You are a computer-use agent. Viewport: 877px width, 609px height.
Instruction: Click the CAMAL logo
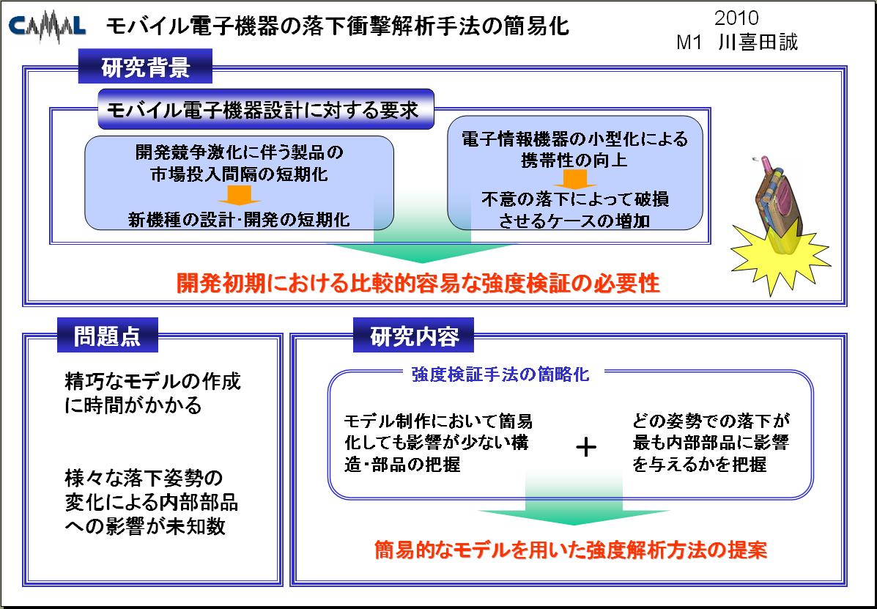[48, 27]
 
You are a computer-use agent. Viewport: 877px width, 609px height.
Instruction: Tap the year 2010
[736, 18]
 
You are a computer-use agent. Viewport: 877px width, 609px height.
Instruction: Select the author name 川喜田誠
[758, 43]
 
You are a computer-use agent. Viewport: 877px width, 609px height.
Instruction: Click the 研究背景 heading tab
[145, 67]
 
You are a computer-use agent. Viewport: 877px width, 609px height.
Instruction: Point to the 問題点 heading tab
[108, 335]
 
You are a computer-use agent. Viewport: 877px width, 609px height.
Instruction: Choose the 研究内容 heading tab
[413, 335]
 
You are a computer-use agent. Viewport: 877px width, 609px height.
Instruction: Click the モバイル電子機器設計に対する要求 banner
[266, 109]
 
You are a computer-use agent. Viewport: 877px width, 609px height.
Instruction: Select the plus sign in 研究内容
[585, 447]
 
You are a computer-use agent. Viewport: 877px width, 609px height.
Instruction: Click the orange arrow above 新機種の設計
[240, 195]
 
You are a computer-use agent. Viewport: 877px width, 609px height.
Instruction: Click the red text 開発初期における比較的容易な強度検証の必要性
[418, 283]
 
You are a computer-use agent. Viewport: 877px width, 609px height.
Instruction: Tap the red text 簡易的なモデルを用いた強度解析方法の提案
[570, 550]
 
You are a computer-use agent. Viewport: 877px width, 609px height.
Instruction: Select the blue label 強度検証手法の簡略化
[500, 374]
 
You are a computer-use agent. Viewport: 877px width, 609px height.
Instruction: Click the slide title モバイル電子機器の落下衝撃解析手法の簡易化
[337, 26]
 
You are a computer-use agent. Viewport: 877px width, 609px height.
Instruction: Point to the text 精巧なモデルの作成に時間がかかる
[152, 393]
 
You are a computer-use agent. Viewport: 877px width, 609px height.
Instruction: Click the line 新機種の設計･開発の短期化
[239, 219]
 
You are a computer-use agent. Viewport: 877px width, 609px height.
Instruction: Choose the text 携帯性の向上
[574, 160]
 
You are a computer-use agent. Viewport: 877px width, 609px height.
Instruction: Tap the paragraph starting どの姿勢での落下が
[711, 443]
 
